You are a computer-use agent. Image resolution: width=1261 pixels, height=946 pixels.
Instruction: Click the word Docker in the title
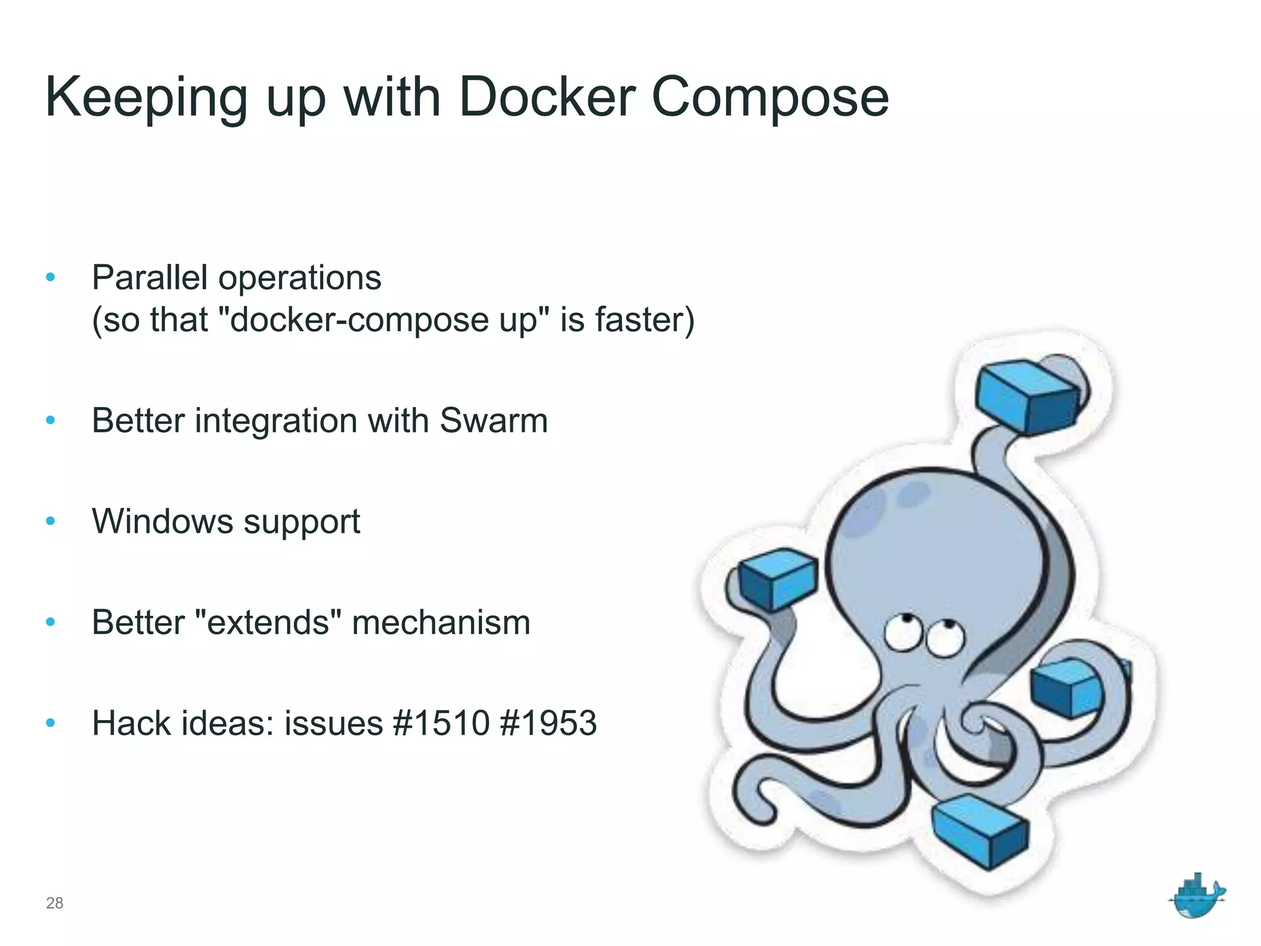(547, 97)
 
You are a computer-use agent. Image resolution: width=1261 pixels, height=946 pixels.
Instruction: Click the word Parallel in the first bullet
(150, 277)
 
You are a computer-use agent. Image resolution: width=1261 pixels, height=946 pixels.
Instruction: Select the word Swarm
(494, 421)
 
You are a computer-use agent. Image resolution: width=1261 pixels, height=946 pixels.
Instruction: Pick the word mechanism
(441, 622)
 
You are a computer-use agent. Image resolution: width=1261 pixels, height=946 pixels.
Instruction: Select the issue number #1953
(549, 723)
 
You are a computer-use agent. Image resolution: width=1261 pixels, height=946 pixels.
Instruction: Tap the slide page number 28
(55, 903)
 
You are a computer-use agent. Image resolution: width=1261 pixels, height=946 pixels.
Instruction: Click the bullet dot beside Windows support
(51, 522)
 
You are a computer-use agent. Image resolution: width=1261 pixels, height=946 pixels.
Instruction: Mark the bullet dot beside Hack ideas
(51, 723)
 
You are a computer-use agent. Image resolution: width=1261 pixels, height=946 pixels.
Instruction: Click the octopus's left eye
(903, 633)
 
